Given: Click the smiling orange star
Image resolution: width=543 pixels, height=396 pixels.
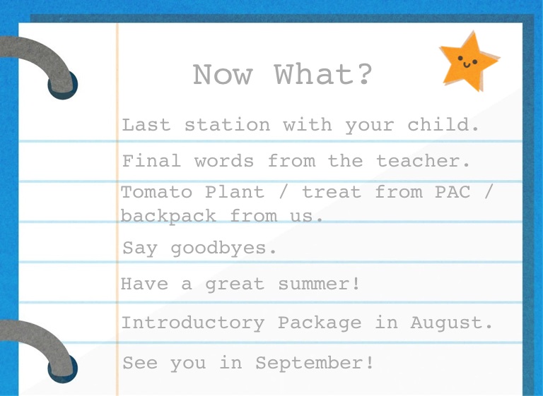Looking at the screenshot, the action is click(x=469, y=61).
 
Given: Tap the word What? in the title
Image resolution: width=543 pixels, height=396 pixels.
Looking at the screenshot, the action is click(x=323, y=74).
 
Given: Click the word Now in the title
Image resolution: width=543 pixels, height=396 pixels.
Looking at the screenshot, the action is click(x=223, y=74).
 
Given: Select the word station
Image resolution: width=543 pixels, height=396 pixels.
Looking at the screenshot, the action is click(x=227, y=124).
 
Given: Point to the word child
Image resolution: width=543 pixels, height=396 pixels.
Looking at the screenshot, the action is click(x=443, y=124).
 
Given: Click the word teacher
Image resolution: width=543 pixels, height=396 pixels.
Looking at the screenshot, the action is click(x=424, y=161).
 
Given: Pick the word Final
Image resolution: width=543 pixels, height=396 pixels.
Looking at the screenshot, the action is click(x=152, y=161).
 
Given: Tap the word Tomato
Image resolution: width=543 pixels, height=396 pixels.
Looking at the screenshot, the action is click(x=156, y=192).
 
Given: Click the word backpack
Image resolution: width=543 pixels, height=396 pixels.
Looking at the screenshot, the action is click(x=169, y=216).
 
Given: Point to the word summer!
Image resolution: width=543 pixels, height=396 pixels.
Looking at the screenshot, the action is click(x=320, y=284).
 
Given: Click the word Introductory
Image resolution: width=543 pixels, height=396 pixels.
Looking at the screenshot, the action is click(x=193, y=323).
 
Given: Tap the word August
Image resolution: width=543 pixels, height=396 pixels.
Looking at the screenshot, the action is click(x=452, y=323).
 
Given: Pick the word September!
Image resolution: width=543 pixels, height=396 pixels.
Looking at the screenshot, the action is click(x=315, y=363).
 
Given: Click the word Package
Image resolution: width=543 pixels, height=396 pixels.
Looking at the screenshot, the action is click(x=320, y=323).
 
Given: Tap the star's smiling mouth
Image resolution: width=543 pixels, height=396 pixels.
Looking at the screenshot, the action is click(x=467, y=64).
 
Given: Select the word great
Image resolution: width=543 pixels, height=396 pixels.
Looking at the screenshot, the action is click(x=235, y=284).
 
